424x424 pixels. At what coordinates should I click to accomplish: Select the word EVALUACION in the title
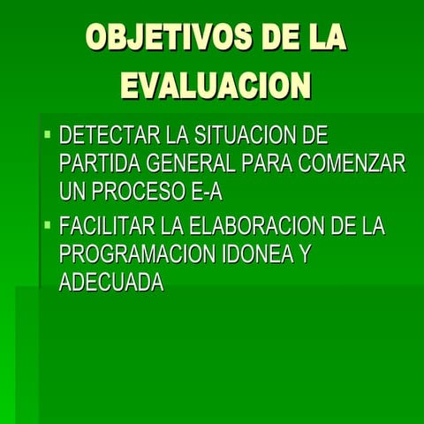tap(216, 86)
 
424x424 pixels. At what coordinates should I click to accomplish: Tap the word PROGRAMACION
tap(137, 254)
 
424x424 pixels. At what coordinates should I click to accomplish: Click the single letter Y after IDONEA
tap(306, 254)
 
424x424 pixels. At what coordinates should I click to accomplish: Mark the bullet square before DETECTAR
tap(48, 135)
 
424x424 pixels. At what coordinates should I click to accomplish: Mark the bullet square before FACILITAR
tap(48, 225)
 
